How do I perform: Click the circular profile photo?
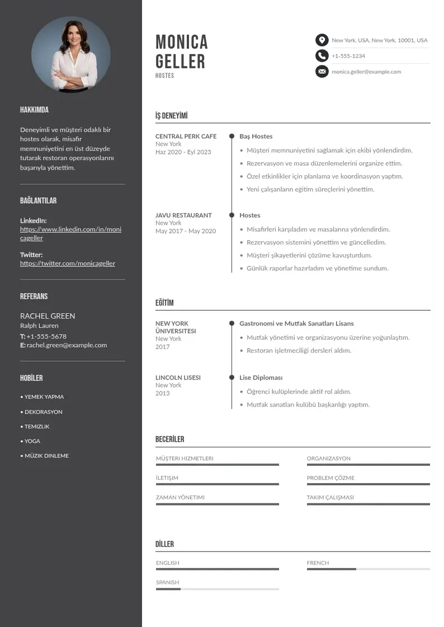coord(71,54)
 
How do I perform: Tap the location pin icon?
coord(322,40)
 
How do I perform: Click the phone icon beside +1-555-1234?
coord(322,56)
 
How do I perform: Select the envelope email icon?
coord(322,72)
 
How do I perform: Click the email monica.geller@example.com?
coord(366,72)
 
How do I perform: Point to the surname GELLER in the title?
coord(180,61)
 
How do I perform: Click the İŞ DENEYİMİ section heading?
coord(171,116)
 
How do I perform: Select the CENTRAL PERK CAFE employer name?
coord(186,136)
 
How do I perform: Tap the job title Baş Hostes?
coord(256,136)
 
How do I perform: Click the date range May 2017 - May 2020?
coord(185,231)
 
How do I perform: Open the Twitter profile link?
coord(68,264)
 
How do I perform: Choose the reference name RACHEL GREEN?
coord(48,316)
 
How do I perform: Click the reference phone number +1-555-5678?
coord(46,336)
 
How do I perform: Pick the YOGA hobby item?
coord(32,441)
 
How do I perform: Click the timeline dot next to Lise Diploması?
coord(232,378)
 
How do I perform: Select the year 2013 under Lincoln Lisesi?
coord(163,393)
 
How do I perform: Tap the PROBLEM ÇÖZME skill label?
coord(330,478)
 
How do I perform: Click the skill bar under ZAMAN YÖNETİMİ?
coord(217,504)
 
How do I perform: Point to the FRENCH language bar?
coord(368,569)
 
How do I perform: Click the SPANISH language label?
coord(167,582)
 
